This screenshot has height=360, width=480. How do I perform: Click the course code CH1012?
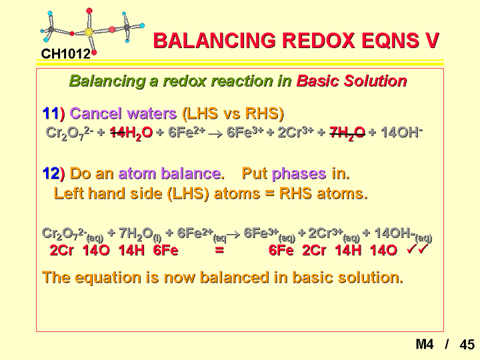tap(65, 54)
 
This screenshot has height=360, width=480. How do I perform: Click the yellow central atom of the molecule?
tap(89, 32)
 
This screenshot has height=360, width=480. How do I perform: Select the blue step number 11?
tap(50, 113)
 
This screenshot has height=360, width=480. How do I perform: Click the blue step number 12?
tap(51, 173)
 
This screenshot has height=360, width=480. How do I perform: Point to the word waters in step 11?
tap(151, 113)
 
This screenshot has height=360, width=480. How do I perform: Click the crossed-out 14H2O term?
tap(131, 133)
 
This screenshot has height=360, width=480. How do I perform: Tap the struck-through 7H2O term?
tap(347, 133)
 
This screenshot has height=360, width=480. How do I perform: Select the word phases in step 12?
tap(299, 174)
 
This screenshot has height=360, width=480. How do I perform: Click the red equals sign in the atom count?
tap(219, 251)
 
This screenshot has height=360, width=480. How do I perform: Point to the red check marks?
tap(417, 249)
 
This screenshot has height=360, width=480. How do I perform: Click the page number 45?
tap(467, 345)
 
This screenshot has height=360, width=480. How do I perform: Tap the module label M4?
tap(425, 344)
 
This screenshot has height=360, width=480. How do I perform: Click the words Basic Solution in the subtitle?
tap(351, 81)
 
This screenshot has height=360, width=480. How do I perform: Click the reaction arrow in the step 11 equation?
tap(215, 134)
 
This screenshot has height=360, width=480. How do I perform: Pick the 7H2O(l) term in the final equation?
tap(140, 235)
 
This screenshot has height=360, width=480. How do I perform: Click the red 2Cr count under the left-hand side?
tap(61, 251)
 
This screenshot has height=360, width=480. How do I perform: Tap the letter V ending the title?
tap(431, 41)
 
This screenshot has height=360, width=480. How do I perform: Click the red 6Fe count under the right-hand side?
tap(281, 251)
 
